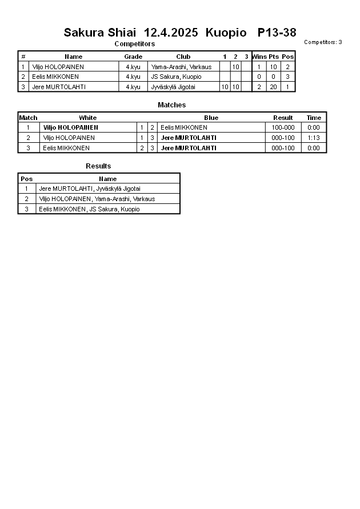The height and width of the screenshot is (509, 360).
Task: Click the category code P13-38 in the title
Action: [277, 33]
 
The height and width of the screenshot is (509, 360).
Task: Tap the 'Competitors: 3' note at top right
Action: [323, 42]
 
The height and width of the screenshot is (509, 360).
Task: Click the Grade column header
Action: [133, 57]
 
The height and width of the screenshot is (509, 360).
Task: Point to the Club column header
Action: [183, 57]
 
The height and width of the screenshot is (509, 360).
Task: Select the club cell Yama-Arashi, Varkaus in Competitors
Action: [181, 67]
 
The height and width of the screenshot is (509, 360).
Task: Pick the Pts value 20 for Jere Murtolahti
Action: [274, 87]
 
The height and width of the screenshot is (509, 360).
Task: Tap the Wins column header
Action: [259, 57]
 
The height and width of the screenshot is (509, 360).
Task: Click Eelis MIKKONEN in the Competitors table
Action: [55, 77]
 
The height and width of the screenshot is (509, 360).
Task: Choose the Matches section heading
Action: [171, 105]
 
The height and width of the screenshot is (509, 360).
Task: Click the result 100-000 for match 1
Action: [283, 127]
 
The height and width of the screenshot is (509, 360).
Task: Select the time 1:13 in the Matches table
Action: [314, 138]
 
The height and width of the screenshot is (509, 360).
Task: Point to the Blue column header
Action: [211, 118]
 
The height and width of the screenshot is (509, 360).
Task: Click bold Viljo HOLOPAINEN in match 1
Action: [70, 127]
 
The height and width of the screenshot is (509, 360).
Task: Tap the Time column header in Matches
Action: [314, 118]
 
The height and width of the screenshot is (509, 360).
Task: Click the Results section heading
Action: [98, 166]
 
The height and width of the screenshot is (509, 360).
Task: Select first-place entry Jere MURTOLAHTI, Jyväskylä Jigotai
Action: [90, 189]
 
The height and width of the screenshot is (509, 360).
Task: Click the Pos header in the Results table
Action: [27, 179]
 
